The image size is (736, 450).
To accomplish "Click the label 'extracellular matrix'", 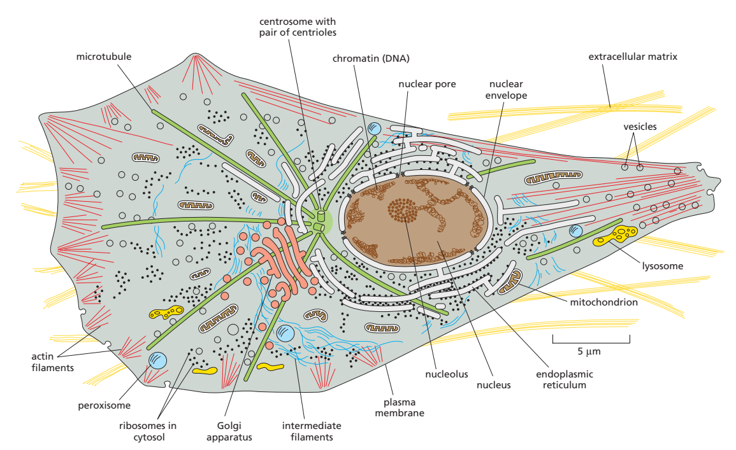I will pos(632,57).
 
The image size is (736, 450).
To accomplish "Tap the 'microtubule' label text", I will pos(103,57).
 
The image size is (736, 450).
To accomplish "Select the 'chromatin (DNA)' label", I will pos(370,59).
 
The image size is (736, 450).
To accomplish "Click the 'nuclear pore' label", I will pos(427,84).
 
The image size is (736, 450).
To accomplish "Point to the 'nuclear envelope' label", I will pos(506,90).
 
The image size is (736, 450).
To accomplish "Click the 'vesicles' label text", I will pos(640,127).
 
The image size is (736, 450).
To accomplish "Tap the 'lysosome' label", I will pos(662,266).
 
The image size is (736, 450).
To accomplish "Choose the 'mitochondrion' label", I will pos(603,302).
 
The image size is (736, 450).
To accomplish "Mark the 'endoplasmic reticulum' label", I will pos(560,379).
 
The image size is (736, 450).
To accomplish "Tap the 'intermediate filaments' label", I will pos(312,431).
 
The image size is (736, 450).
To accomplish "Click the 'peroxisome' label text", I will pos(105,405).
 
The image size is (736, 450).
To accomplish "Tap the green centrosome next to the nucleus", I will pos(321,220).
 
